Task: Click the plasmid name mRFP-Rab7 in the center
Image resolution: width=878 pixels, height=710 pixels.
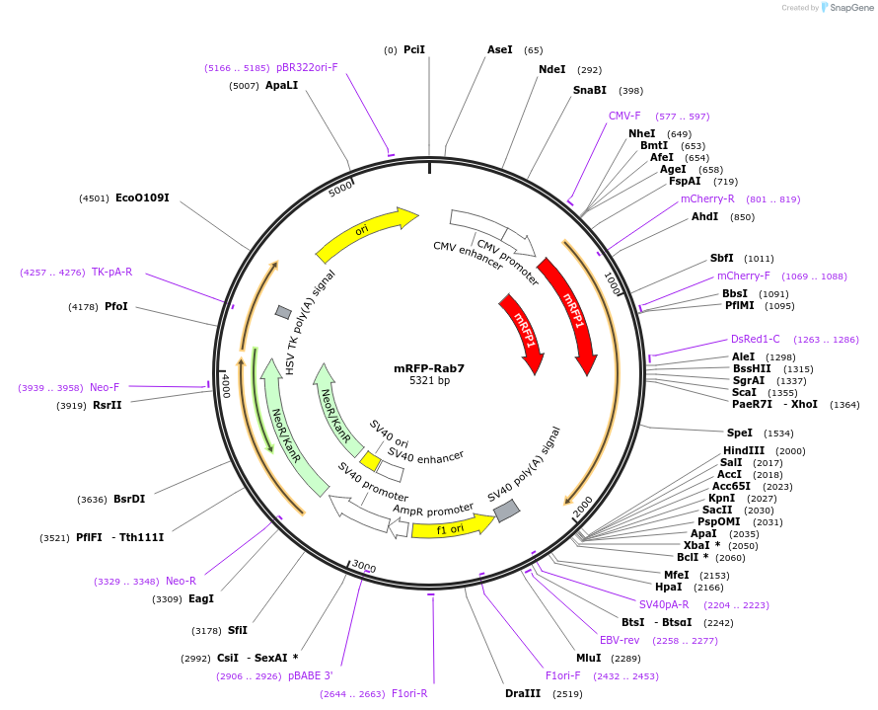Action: (429, 368)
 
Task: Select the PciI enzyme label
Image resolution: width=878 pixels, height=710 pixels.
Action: (414, 49)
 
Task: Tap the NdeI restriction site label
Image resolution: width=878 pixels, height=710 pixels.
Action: (552, 69)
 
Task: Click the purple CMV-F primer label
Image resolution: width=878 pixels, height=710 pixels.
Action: (624, 116)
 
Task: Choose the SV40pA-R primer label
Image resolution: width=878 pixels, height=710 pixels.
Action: (664, 604)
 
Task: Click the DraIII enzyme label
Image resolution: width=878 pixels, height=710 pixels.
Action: (523, 693)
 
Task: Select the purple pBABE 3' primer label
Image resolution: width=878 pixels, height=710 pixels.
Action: (311, 676)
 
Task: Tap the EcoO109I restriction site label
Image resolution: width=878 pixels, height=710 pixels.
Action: (142, 197)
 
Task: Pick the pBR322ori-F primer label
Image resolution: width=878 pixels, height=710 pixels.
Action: (307, 67)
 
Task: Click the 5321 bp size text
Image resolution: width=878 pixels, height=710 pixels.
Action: (429, 380)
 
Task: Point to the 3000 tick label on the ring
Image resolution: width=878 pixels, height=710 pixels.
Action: (364, 567)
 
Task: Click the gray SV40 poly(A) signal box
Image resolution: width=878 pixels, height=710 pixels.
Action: (506, 511)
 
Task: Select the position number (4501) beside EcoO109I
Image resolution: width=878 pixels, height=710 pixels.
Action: (94, 197)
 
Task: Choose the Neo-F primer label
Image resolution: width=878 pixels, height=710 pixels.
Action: (105, 387)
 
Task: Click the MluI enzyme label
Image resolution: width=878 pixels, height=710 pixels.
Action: (588, 658)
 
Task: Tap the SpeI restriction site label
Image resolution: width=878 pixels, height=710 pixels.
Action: (740, 433)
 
